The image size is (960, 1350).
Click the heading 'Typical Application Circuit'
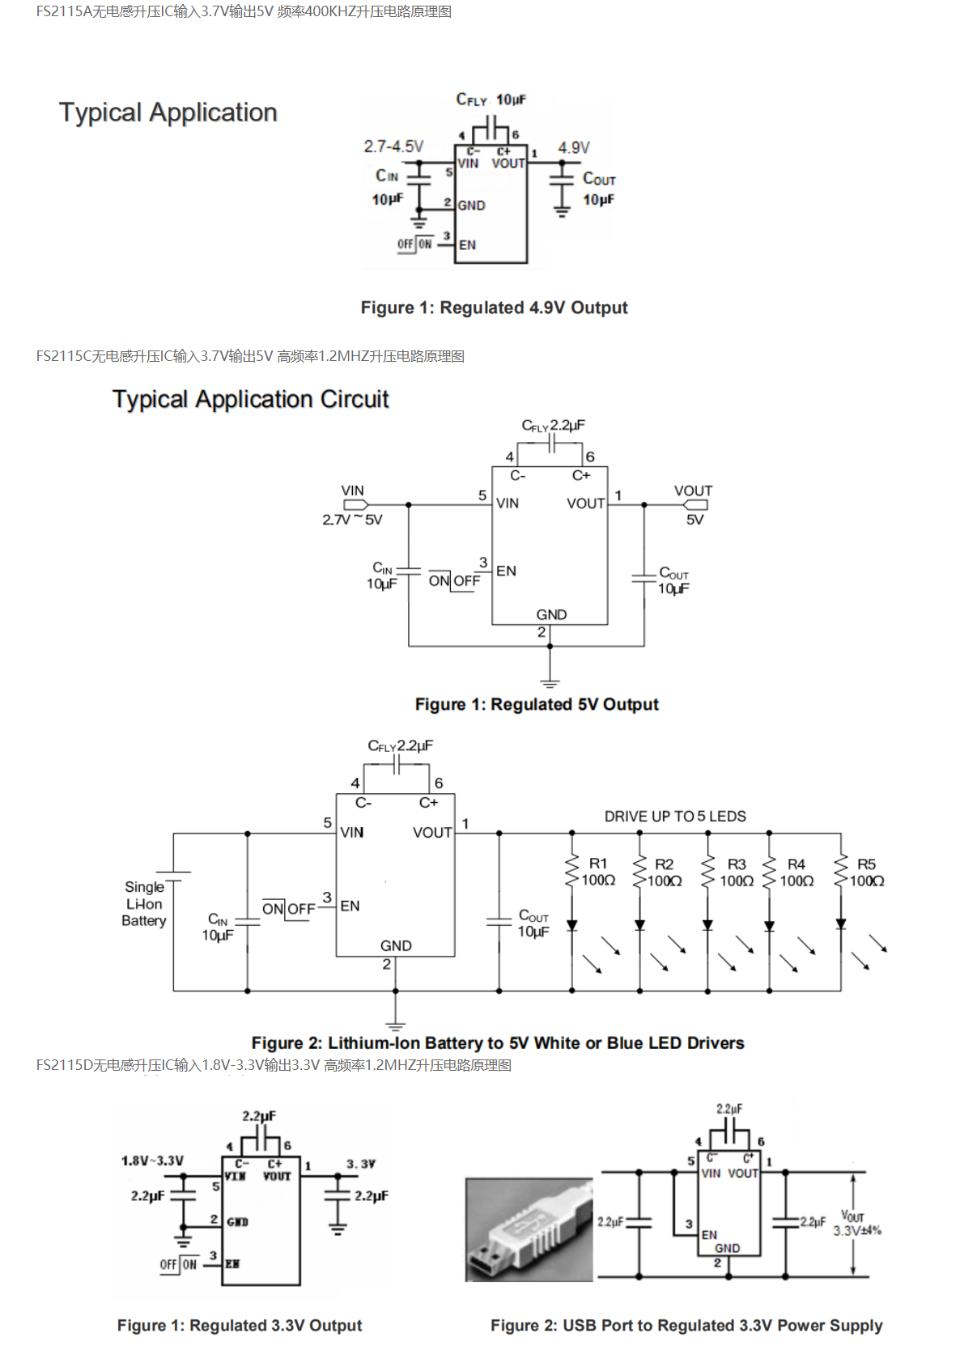(250, 399)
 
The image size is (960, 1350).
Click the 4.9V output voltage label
(573, 147)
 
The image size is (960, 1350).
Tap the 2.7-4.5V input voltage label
(393, 146)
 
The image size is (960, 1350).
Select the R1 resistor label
(598, 864)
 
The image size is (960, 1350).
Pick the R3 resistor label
(737, 864)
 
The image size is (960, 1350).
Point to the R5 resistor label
(866, 864)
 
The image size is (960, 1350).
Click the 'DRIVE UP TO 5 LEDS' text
(675, 817)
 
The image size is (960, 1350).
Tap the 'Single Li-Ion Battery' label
(144, 904)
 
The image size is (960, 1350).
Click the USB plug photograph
(529, 1229)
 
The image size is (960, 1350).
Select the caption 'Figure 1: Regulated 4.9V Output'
(494, 308)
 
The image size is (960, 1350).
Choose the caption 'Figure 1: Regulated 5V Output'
(537, 704)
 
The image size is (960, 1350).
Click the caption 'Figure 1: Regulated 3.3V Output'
(240, 1325)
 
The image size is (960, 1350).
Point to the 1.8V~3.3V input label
(152, 1161)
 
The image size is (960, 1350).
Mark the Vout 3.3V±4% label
(856, 1223)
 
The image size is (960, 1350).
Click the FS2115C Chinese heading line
(250, 356)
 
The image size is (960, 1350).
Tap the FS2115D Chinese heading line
(274, 1065)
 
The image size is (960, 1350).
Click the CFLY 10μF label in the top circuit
(491, 100)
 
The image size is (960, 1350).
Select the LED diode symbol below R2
(639, 925)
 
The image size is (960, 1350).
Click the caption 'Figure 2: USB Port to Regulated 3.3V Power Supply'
(686, 1325)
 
